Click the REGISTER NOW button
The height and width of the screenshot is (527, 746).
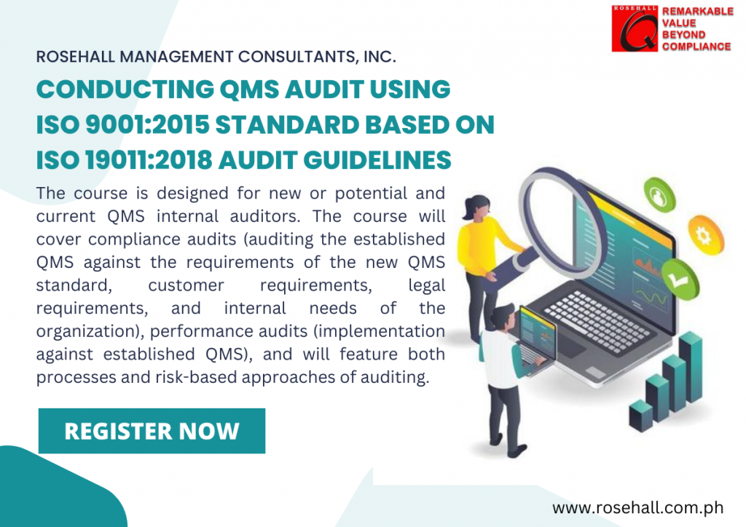152,430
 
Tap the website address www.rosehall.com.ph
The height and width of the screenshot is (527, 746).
637,507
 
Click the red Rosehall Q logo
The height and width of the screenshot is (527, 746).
635,28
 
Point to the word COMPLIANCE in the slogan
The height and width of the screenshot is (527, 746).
696,47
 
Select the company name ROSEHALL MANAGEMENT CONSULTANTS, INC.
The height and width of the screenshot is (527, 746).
216,57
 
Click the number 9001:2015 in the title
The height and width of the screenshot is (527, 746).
147,124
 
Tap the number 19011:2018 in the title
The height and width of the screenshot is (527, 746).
149,159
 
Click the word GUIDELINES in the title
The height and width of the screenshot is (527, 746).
377,159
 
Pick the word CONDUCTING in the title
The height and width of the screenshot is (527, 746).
125,90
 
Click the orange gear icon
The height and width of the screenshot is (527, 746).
705,235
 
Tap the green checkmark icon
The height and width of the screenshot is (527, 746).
679,280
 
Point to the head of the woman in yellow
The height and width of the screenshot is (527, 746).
477,207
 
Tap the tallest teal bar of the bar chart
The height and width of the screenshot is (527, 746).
691,366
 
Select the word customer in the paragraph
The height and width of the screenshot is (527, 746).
186,285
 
